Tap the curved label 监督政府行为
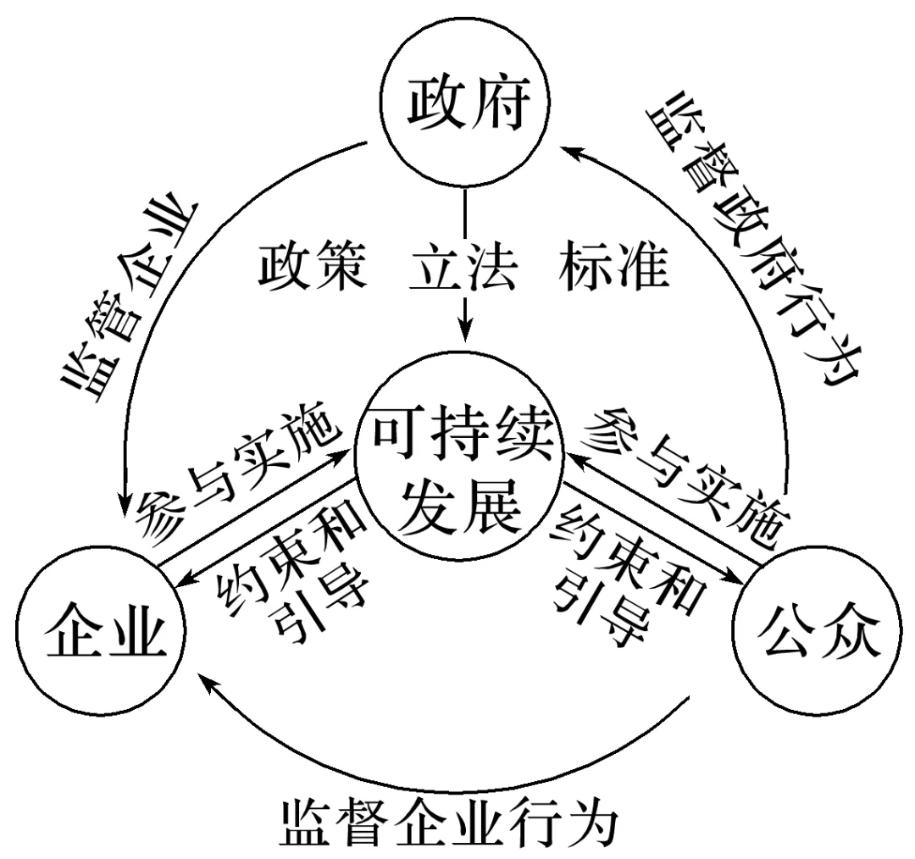754,237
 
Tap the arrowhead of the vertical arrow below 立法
463,332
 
